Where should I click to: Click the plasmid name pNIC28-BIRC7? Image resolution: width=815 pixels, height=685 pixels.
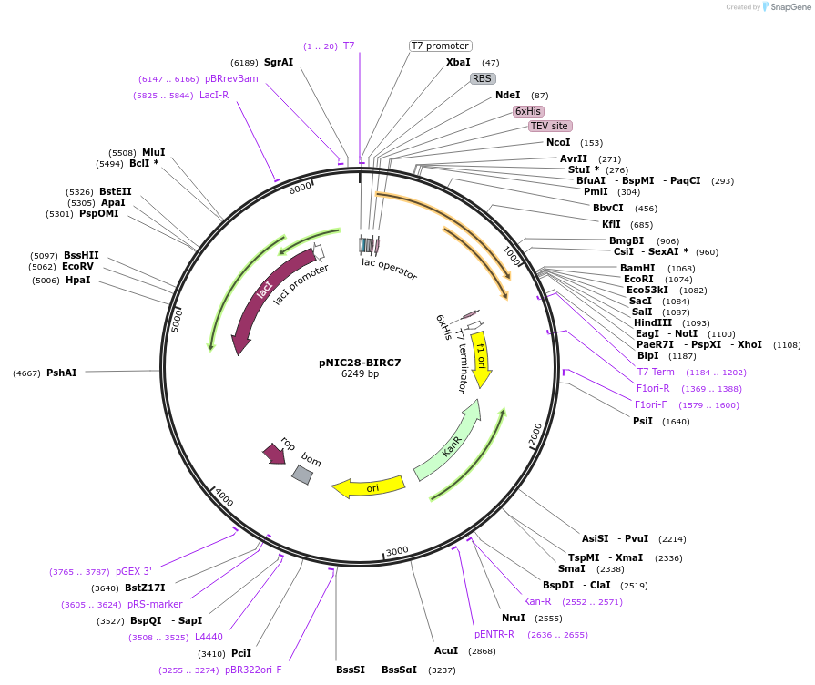point(360,362)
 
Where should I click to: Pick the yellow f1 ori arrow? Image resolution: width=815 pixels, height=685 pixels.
point(481,357)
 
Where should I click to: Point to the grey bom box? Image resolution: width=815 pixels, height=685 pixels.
point(302,474)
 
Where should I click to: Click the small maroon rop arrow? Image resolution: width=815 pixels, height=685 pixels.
point(273,453)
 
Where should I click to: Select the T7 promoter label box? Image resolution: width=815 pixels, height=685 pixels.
point(440,46)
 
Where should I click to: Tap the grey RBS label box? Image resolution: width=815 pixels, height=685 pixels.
point(482,78)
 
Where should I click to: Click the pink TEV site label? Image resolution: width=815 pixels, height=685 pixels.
point(550,126)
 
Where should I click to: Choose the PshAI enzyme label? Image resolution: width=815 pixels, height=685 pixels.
point(62,373)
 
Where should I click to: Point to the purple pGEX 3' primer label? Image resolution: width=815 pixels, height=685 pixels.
point(134,571)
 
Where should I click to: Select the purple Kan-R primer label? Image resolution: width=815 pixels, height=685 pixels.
point(537,601)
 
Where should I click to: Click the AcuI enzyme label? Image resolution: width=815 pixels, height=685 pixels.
point(446,651)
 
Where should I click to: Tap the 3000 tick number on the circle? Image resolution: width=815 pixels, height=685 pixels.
point(397,552)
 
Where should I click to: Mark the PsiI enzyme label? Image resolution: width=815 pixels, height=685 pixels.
point(643,421)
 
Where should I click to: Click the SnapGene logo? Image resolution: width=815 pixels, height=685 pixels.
point(783,6)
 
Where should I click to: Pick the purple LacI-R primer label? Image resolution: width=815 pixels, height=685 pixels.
point(214,95)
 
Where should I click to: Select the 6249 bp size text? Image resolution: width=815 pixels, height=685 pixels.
point(360,374)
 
